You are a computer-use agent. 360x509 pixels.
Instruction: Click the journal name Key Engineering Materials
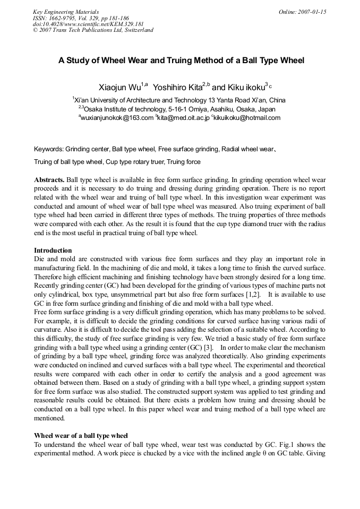click(65, 12)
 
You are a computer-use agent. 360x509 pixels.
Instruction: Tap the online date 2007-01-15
click(302, 12)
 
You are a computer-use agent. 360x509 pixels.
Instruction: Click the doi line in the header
click(88, 24)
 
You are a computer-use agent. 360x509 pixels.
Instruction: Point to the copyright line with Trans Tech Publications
click(93, 30)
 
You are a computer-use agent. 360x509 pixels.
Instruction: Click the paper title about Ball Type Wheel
click(181, 61)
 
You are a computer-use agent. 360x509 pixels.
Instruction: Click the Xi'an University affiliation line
click(179, 100)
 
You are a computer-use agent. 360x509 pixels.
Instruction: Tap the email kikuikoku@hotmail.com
click(246, 118)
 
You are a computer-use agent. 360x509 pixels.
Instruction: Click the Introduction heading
click(53, 250)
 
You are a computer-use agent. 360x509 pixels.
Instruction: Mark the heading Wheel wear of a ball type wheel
click(81, 435)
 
